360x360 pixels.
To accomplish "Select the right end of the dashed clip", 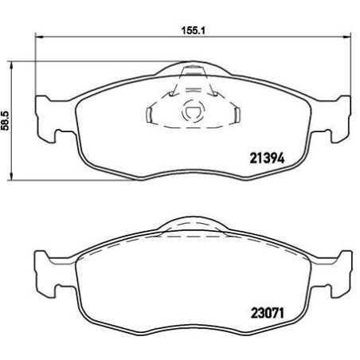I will pos(237,112).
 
